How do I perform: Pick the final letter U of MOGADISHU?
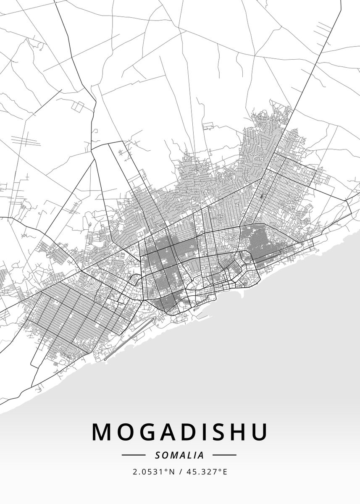[259, 432]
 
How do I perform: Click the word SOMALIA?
[179, 455]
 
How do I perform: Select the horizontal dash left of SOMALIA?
[133, 455]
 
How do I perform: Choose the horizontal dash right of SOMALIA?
[224, 455]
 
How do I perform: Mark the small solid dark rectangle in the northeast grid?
[262, 196]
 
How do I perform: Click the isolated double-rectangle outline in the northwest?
[78, 105]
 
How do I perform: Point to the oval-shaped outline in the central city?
[196, 219]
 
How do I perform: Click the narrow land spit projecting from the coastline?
[242, 293]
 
